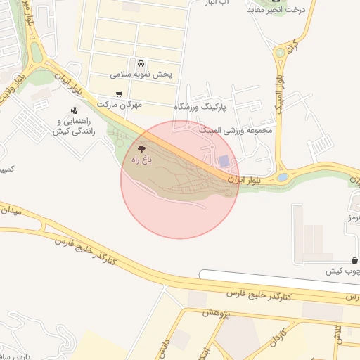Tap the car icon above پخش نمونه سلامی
pos(141,63)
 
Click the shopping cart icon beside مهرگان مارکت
pos(119,94)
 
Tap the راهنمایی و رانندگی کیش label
pos(73,127)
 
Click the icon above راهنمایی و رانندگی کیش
pos(74,110)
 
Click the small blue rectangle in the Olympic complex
pos(224,162)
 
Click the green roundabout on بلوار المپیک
pos(280,52)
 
